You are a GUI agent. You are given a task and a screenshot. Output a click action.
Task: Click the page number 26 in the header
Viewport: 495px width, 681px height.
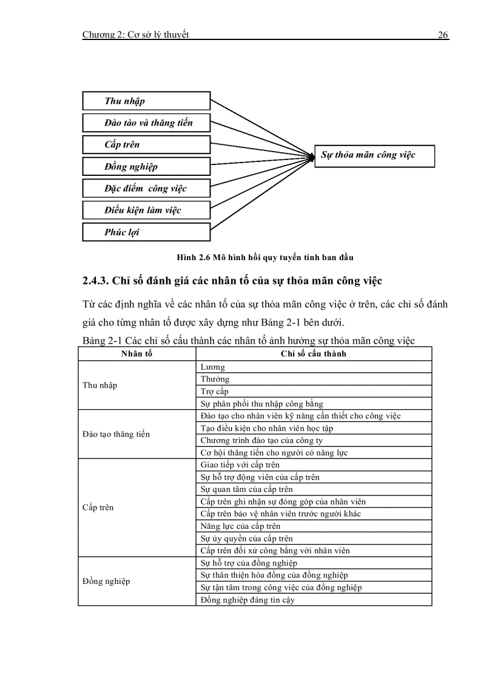click(x=443, y=35)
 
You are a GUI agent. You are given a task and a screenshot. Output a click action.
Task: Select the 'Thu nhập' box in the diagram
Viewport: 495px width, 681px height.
click(x=146, y=101)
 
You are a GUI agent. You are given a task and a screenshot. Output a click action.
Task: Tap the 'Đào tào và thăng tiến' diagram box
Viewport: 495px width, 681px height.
click(x=146, y=122)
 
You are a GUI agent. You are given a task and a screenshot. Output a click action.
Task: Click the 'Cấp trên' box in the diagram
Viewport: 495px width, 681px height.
click(x=146, y=144)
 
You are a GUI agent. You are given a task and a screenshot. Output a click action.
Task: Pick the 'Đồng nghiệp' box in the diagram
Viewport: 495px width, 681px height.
click(x=146, y=166)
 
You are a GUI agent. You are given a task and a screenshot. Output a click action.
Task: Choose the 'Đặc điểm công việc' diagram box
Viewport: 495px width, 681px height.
click(x=146, y=188)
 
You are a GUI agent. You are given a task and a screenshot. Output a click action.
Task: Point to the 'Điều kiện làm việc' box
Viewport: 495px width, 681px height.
click(x=146, y=210)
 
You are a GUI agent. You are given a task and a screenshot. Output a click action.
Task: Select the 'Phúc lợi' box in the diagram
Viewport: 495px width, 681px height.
click(x=146, y=232)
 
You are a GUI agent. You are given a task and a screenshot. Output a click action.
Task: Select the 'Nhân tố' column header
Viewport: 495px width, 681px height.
click(x=136, y=354)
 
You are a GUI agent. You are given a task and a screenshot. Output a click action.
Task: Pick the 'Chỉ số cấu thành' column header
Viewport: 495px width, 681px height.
click(x=313, y=354)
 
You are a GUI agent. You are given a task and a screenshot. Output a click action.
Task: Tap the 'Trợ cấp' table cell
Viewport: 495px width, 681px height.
click(x=214, y=391)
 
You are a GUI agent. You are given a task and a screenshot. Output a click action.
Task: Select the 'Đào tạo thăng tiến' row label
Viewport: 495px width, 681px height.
click(x=116, y=434)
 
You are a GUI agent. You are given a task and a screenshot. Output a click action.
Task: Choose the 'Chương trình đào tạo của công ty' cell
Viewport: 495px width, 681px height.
click(x=261, y=440)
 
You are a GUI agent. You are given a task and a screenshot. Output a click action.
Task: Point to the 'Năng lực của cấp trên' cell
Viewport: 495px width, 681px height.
click(x=240, y=526)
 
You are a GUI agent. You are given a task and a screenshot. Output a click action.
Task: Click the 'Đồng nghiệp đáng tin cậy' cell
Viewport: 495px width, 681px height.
click(x=247, y=600)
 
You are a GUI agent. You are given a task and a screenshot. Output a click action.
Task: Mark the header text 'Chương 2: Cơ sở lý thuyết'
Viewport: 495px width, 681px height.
click(x=135, y=35)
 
